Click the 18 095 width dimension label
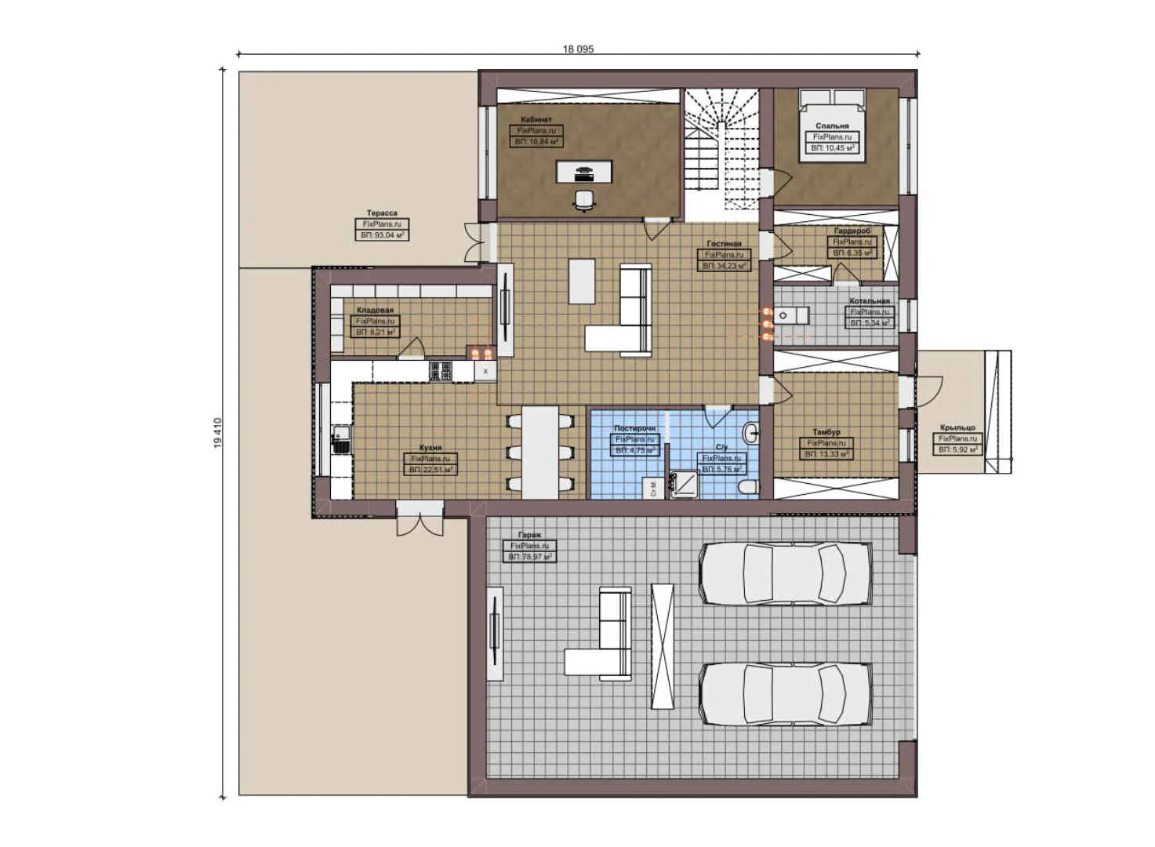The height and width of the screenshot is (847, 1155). coord(578,49)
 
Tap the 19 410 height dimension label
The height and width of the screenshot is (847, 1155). coord(218,433)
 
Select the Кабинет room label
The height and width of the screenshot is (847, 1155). coord(536,120)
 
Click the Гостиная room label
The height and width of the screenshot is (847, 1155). coord(723,244)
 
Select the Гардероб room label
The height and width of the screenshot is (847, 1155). coord(852,231)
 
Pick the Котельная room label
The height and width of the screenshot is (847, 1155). coord(870,301)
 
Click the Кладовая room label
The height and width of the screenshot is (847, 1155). coord(375,311)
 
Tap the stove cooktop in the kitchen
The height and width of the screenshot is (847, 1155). coord(441,371)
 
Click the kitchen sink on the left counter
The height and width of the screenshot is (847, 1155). coord(341,438)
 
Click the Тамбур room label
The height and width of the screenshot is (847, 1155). coord(826,432)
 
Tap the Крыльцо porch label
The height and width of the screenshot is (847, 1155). coord(957,428)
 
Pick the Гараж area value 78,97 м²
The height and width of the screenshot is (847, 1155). coord(530,556)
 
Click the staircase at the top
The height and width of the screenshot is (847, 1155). coord(721,145)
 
